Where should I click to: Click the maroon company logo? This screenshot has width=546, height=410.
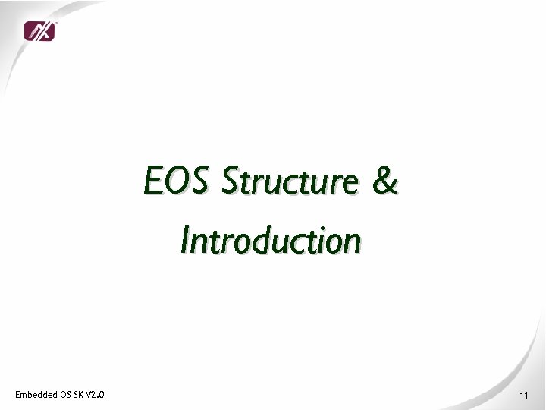pos(39,31)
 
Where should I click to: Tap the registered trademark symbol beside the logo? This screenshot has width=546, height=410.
pos(57,23)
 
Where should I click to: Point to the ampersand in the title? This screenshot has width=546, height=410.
pos(386,183)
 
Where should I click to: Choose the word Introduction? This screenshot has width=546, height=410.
pos(271,241)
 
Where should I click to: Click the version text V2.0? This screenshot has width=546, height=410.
pos(95,394)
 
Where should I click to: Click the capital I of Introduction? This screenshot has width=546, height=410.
pos(184,241)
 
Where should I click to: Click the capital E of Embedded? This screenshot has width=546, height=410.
pos(17,394)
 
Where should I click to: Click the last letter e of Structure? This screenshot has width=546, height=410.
pos(351,185)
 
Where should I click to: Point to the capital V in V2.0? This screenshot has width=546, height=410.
pos(88,394)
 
